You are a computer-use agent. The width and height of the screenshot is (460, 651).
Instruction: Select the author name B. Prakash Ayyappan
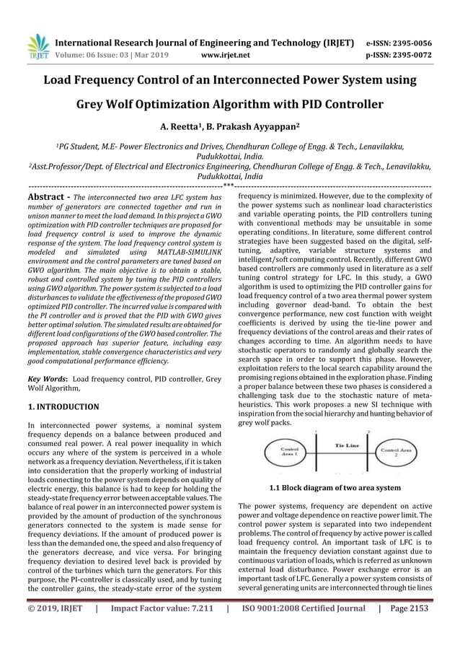coord(250,128)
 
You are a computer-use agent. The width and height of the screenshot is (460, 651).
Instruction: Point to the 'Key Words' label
coord(46,378)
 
